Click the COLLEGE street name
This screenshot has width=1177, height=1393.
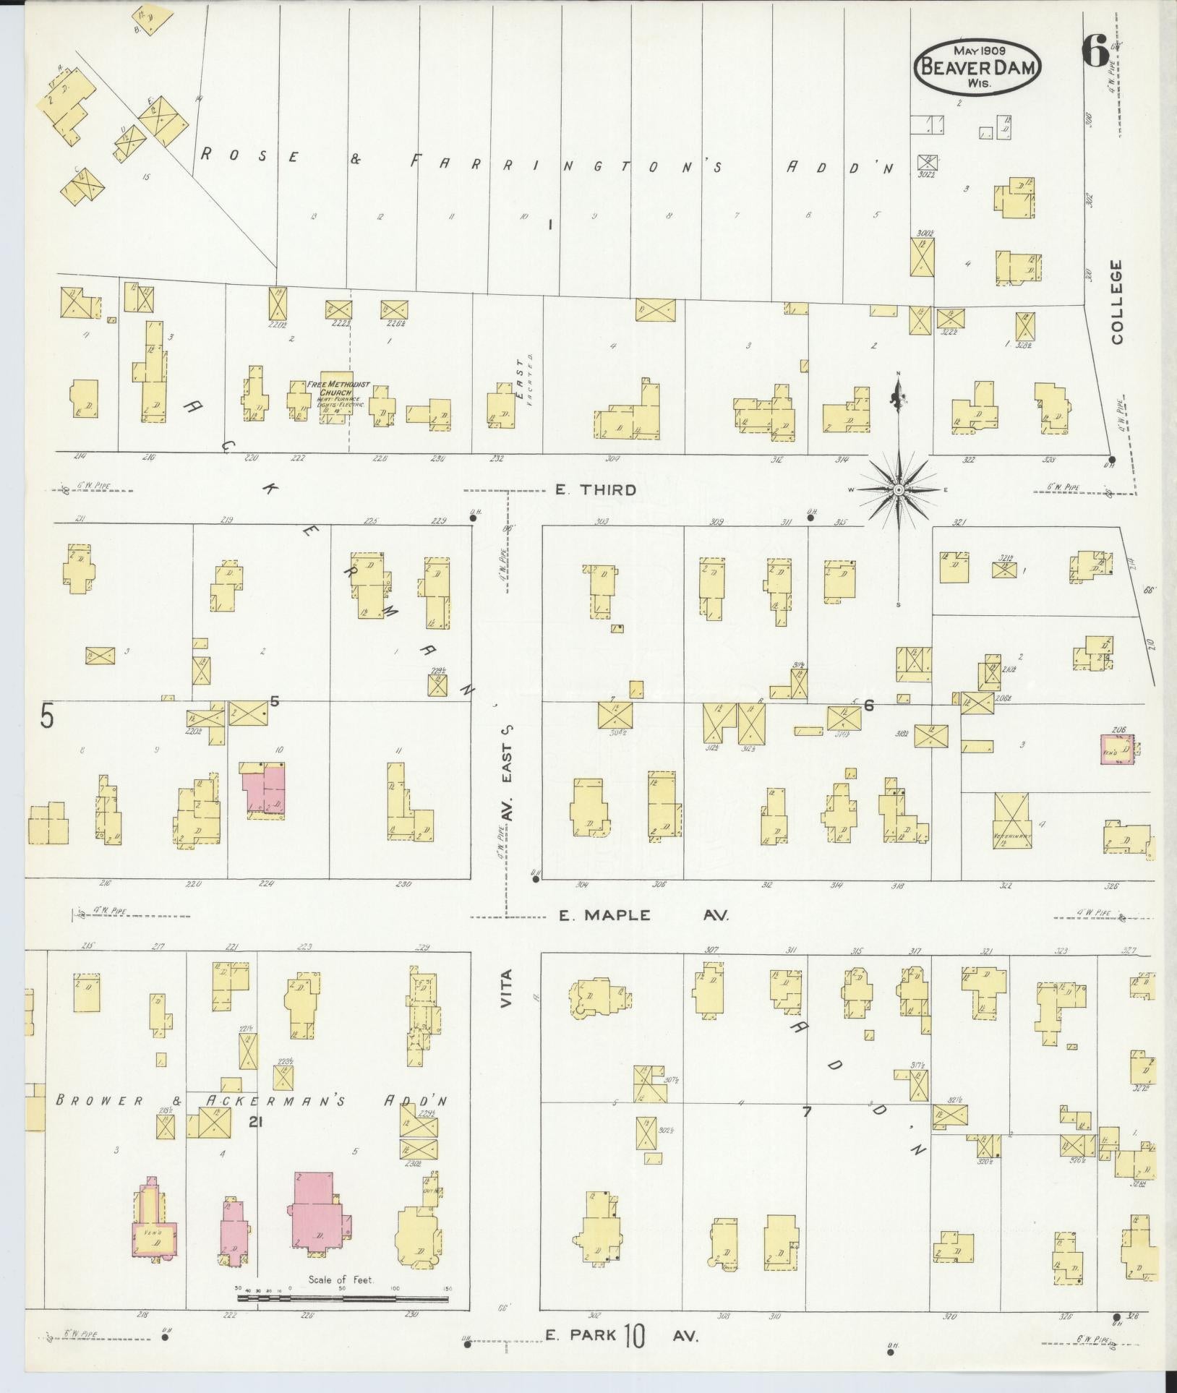point(1117,302)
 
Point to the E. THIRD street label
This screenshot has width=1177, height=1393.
point(596,490)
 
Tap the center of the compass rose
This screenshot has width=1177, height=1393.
point(899,490)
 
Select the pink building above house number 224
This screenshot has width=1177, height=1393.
point(264,789)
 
